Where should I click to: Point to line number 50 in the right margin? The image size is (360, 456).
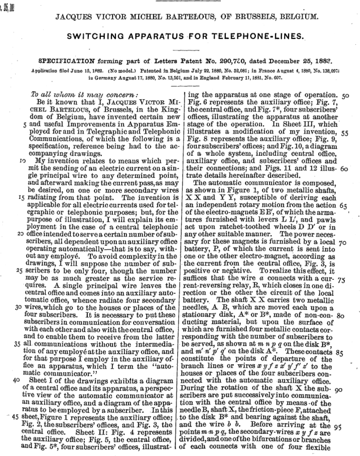click(345, 96)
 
